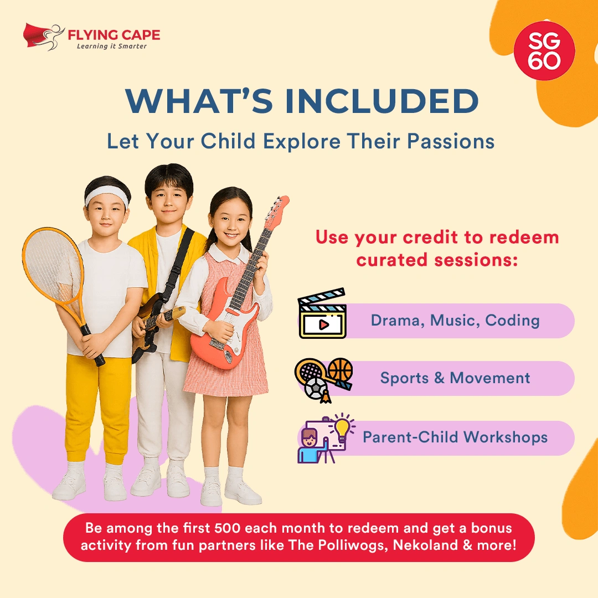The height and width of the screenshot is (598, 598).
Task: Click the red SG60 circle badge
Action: pyautogui.click(x=544, y=51)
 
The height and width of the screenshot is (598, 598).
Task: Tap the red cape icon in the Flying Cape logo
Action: pyautogui.click(x=36, y=35)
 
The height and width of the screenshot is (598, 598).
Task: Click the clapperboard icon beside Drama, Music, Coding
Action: pyautogui.click(x=323, y=313)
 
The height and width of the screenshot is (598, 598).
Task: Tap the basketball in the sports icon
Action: pyautogui.click(x=340, y=370)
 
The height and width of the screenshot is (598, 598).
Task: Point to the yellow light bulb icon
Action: pyautogui.click(x=342, y=427)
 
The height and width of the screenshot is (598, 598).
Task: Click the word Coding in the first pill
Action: pyautogui.click(x=512, y=321)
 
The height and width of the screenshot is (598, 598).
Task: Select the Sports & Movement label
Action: pyautogui.click(x=455, y=378)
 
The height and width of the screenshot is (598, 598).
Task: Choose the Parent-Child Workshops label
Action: pyautogui.click(x=455, y=437)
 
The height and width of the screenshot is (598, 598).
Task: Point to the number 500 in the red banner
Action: pyautogui.click(x=228, y=528)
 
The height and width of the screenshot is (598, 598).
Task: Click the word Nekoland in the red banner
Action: pyautogui.click(x=425, y=545)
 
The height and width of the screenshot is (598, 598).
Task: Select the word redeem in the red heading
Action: pyautogui.click(x=524, y=237)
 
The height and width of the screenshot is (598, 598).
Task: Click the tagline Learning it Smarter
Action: pyautogui.click(x=112, y=46)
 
